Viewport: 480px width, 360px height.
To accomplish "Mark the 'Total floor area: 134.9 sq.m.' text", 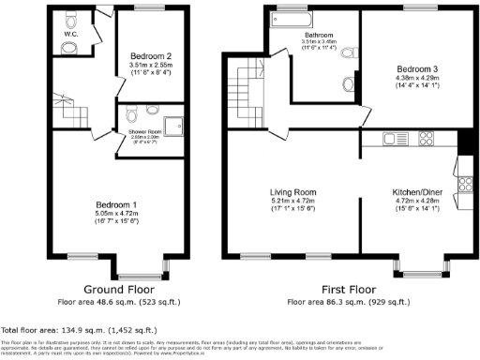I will click(53, 330).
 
